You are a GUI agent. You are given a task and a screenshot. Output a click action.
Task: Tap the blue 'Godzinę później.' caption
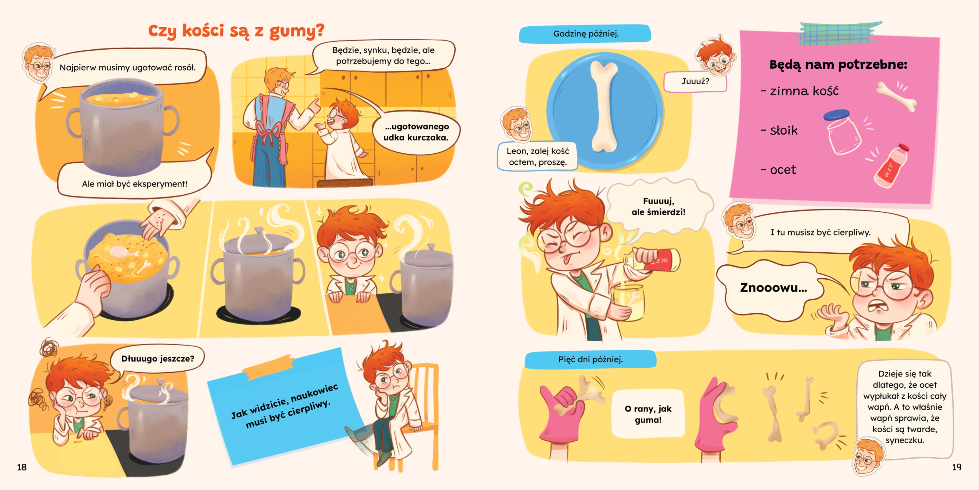[x=585, y=33]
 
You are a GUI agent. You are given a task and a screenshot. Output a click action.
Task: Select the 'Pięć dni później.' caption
[x=590, y=359]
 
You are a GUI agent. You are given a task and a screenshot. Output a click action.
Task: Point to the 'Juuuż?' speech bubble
[x=695, y=81]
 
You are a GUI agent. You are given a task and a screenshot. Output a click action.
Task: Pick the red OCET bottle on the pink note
[x=892, y=166]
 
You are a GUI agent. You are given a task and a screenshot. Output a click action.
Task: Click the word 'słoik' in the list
[x=784, y=130]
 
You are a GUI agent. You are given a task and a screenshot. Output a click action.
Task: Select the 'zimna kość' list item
[x=800, y=91]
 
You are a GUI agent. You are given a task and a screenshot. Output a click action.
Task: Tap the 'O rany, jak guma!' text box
[x=648, y=414]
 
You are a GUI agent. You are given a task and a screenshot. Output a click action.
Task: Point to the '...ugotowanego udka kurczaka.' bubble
[x=416, y=132]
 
